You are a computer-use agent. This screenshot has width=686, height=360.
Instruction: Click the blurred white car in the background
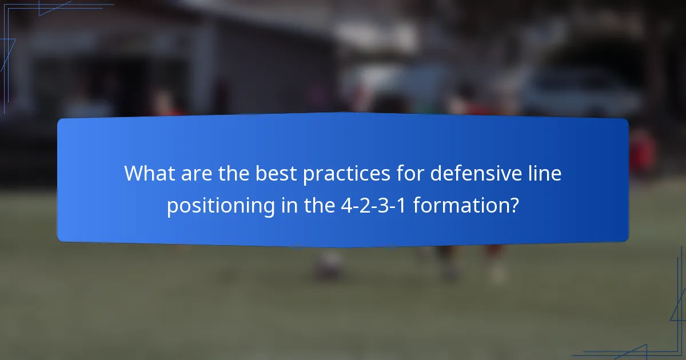(x=577, y=91)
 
